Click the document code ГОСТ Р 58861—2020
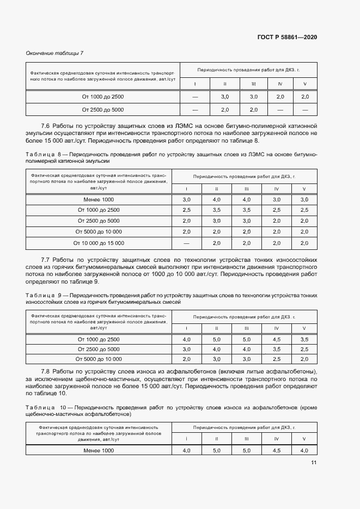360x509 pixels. point(286,37)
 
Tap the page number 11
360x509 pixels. point(313,463)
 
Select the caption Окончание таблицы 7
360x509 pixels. point(54,53)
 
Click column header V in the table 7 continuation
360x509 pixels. point(304,84)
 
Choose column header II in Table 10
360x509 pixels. point(217,439)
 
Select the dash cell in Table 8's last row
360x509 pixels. point(187,243)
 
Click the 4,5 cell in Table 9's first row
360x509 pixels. point(277,339)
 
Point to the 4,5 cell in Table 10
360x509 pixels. point(277,451)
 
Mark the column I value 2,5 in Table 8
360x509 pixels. point(187,210)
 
